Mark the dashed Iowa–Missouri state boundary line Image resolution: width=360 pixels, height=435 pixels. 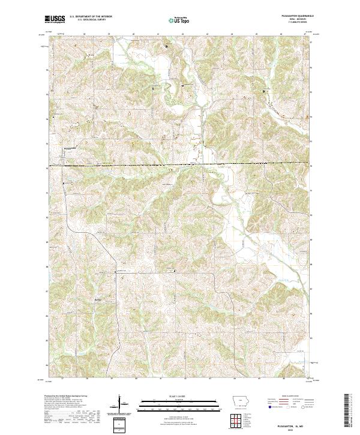pyautogui.click(x=180, y=164)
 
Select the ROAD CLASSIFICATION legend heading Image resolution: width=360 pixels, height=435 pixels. pyautogui.click(x=286, y=397)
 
